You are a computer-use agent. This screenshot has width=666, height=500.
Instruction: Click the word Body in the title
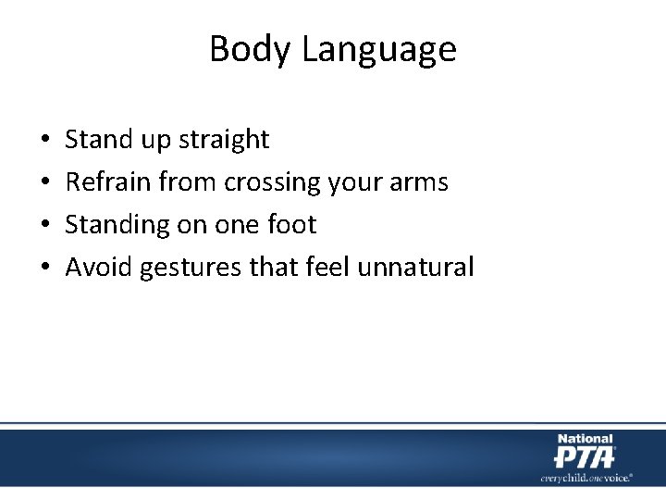tap(243, 49)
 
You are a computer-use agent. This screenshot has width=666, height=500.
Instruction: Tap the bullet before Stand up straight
tap(45, 141)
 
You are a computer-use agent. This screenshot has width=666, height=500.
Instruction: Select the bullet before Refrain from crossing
tap(45, 183)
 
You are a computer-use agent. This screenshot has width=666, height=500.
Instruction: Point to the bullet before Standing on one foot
tap(45, 226)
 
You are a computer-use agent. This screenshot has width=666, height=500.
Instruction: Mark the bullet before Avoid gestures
tap(45, 269)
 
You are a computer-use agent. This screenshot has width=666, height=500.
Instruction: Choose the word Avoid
tap(99, 268)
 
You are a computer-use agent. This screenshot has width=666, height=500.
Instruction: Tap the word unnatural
tap(415, 268)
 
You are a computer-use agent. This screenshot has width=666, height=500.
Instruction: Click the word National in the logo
tap(584, 439)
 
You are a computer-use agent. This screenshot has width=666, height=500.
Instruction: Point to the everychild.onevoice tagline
tap(586, 478)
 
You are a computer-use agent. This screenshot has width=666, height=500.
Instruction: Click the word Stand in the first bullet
tap(98, 140)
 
